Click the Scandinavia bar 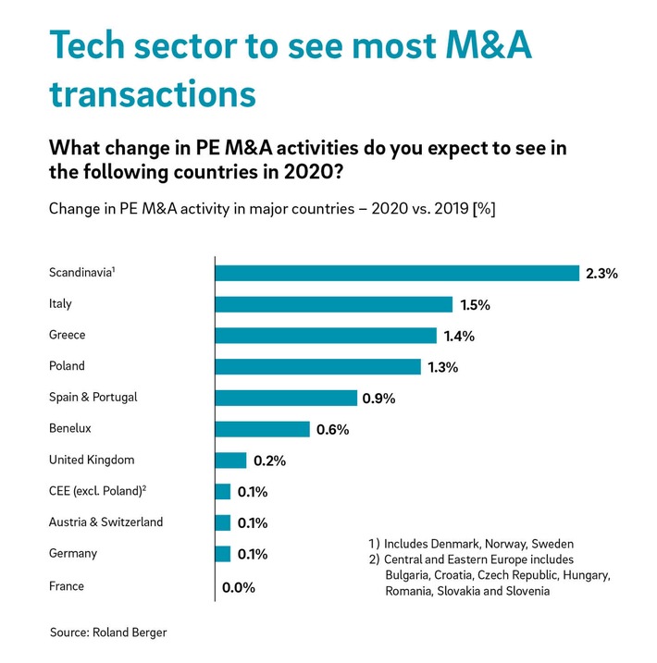[x=396, y=273]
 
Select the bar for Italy [x=333, y=304]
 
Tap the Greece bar [x=325, y=336]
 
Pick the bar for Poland [x=317, y=367]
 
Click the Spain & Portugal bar [x=285, y=398]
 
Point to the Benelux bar [x=262, y=429]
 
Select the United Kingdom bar [x=230, y=460]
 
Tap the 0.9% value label [x=379, y=399]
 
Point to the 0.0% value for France [x=238, y=587]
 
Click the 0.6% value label [x=332, y=430]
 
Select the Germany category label [x=72, y=553]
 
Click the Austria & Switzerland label [x=105, y=522]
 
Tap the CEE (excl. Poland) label [x=97, y=491]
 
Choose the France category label [x=67, y=585]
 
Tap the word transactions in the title [x=153, y=95]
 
